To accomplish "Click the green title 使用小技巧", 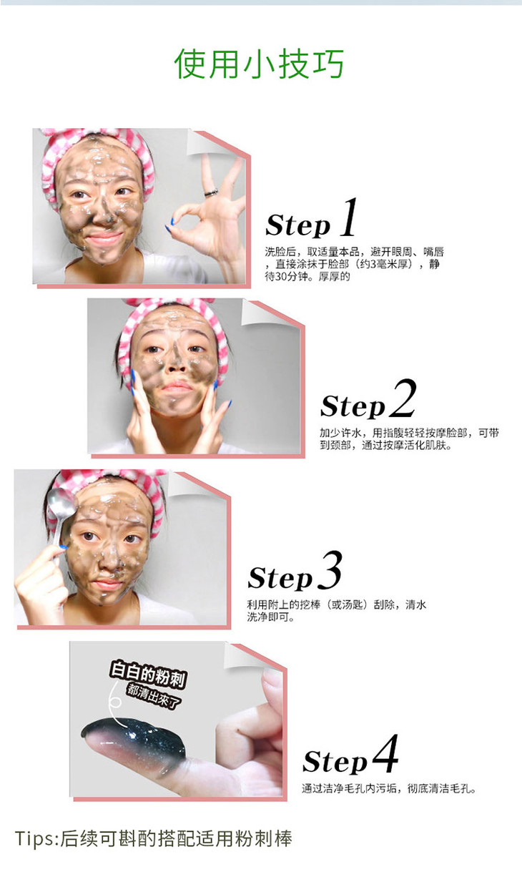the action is point(259,64).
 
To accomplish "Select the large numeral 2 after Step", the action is point(403,398).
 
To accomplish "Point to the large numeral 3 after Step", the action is point(330,570).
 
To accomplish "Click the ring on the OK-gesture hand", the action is point(211,192).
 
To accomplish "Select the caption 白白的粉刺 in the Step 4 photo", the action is point(148,674).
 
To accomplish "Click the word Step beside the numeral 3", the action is point(280,578).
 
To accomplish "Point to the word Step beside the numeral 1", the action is point(297,225).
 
